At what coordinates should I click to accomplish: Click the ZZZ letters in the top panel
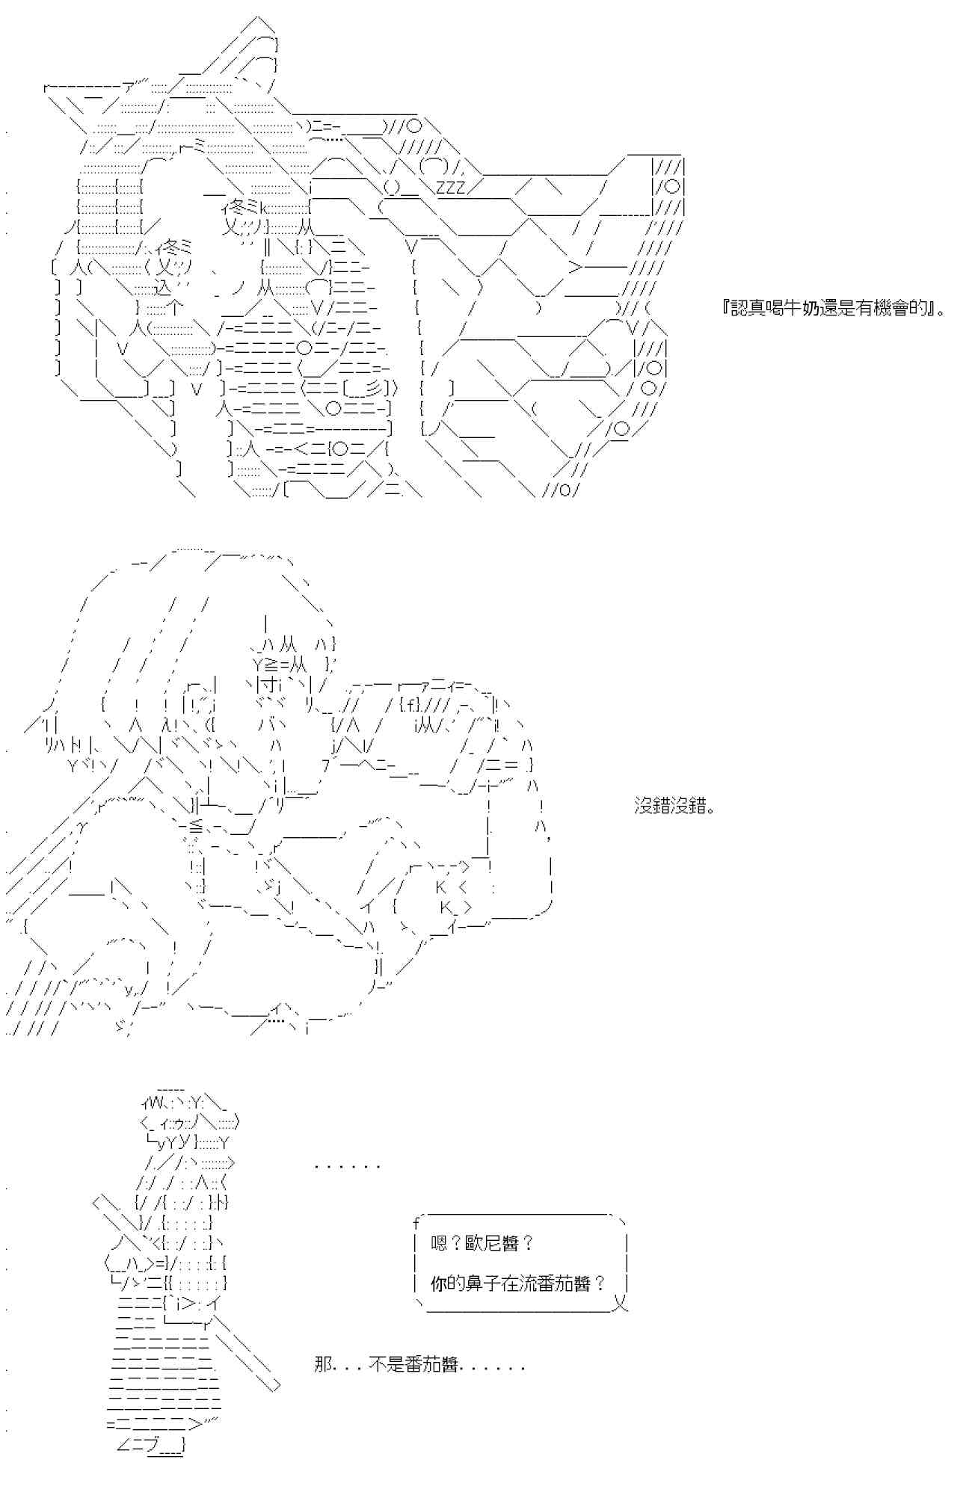pos(450,187)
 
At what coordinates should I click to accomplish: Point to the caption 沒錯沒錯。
pos(674,807)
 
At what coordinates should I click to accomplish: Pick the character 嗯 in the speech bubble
pos(440,1244)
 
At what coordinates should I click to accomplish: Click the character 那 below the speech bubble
pos(322,1365)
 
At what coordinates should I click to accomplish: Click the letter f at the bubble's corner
pos(416,1224)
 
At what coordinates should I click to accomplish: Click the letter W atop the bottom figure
pos(151,1102)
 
